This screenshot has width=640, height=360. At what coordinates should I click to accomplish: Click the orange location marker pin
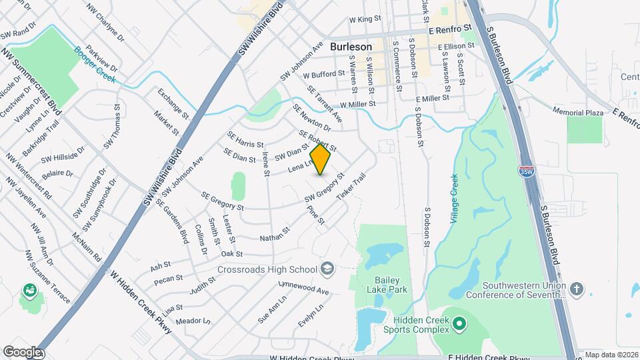pyautogui.click(x=321, y=159)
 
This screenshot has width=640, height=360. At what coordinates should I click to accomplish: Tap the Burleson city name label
pyautogui.click(x=351, y=47)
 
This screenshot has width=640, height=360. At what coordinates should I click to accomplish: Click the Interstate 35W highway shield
pyautogui.click(x=526, y=171)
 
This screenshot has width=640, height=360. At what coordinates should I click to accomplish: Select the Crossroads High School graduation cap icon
pyautogui.click(x=327, y=269)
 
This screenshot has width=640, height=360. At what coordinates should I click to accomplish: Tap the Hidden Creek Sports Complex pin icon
pyautogui.click(x=459, y=324)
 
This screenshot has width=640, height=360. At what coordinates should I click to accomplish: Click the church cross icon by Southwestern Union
pyautogui.click(x=577, y=289)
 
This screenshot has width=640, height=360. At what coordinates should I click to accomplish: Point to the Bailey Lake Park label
pyautogui.click(x=386, y=285)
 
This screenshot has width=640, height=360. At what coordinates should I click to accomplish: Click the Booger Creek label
pyautogui.click(x=94, y=65)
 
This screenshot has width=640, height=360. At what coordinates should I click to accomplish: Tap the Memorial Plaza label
pyautogui.click(x=577, y=112)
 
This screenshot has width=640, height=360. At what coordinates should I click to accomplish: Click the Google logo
pyautogui.click(x=22, y=351)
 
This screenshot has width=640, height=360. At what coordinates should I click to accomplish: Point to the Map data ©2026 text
pyautogui.click(x=611, y=355)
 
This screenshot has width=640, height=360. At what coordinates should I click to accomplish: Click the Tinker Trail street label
pyautogui.click(x=352, y=189)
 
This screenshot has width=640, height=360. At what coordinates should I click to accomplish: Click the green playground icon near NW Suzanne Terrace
pyautogui.click(x=29, y=290)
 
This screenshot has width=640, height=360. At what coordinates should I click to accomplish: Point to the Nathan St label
pyautogui.click(x=275, y=235)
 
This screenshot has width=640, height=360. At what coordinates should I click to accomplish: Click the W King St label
pyautogui.click(x=369, y=20)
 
